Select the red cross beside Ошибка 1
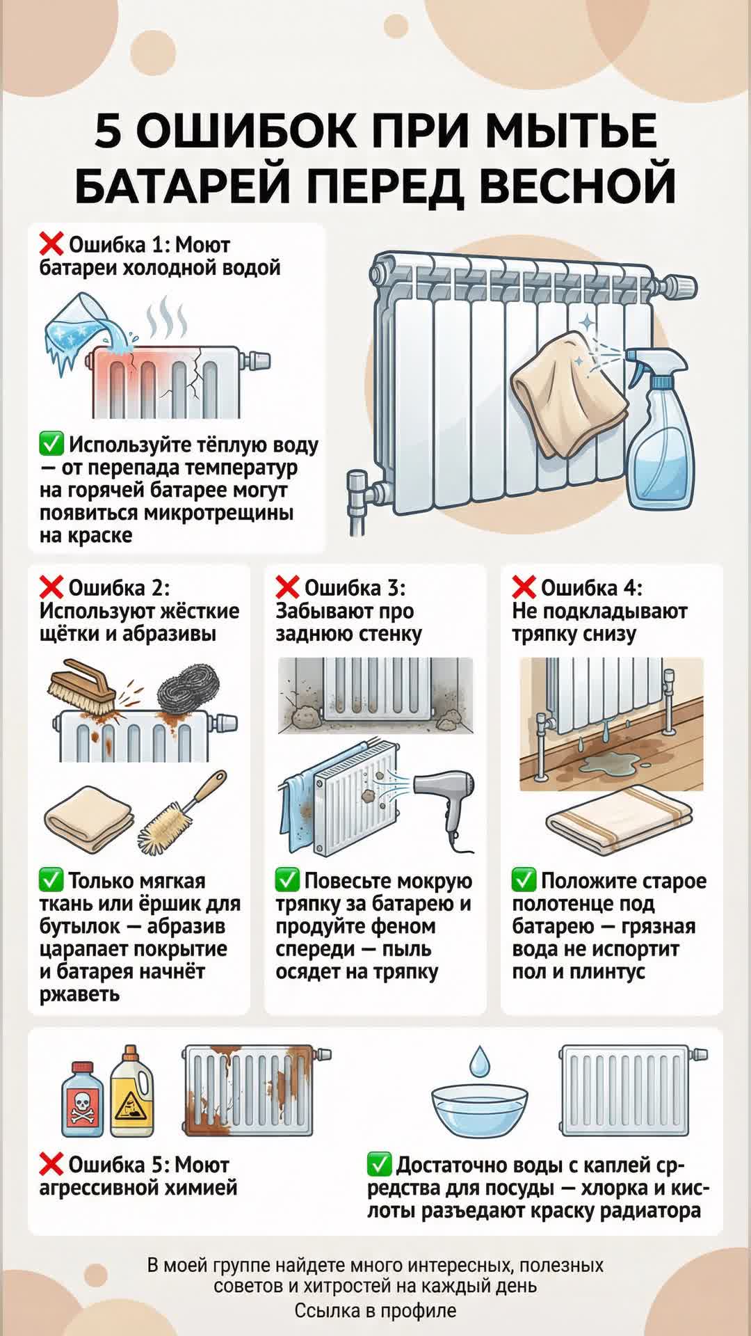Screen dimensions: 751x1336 (x=51, y=244)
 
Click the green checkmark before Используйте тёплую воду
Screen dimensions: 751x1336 (x=51, y=443)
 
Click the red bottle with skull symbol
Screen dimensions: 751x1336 (x=83, y=1099)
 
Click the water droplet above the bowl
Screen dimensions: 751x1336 (x=479, y=1062)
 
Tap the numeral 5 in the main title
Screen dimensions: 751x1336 (x=108, y=131)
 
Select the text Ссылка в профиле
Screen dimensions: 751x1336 (x=375, y=1311)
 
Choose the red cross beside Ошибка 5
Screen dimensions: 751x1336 (x=51, y=1164)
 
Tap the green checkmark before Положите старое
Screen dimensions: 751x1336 (x=524, y=880)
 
